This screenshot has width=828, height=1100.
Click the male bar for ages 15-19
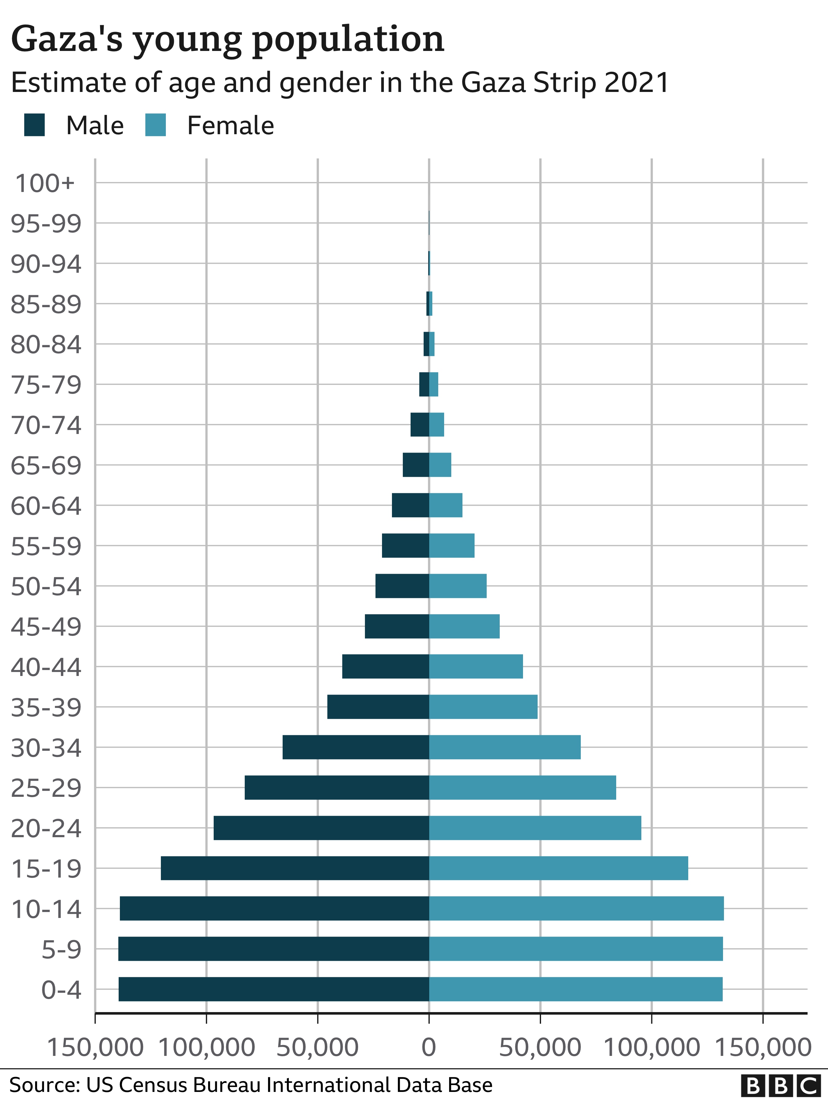pyautogui.click(x=295, y=868)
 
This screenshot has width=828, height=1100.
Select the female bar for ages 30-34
pyautogui.click(x=505, y=747)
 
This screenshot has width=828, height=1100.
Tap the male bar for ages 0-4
pyautogui.click(x=274, y=989)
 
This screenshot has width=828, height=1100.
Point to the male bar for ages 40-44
pyautogui.click(x=385, y=666)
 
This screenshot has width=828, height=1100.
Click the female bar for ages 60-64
pyautogui.click(x=446, y=505)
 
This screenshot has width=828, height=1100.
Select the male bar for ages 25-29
pyautogui.click(x=337, y=787)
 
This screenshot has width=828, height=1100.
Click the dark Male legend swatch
pyautogui.click(x=34, y=125)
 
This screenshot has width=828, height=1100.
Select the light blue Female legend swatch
pyautogui.click(x=156, y=125)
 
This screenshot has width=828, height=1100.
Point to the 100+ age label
pyautogui.click(x=45, y=184)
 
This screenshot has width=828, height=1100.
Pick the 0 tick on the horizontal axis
pyautogui.click(x=429, y=1047)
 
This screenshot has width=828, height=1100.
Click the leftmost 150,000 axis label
pyautogui.click(x=95, y=1047)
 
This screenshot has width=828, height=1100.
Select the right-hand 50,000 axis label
pyautogui.click(x=540, y=1047)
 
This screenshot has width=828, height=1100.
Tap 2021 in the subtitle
pyautogui.click(x=637, y=83)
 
